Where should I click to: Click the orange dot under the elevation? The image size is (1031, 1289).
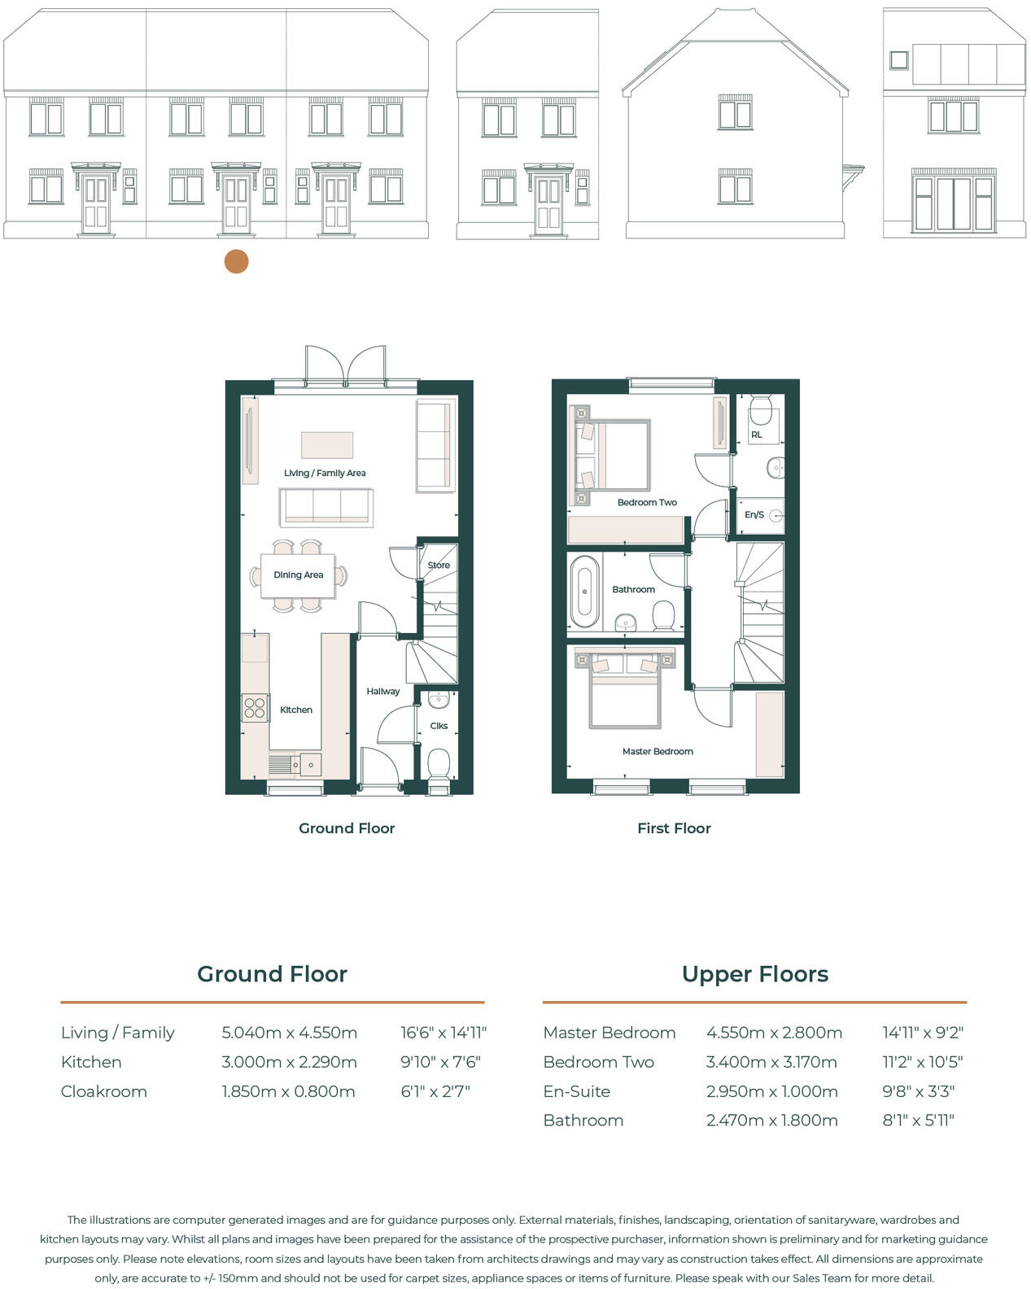[236, 262]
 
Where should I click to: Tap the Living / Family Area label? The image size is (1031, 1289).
[325, 473]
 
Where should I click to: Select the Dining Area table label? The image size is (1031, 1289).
[298, 575]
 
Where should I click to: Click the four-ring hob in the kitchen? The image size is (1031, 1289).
[255, 707]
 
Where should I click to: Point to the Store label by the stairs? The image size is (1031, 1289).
[439, 565]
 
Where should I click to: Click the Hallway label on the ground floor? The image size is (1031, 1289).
[382, 691]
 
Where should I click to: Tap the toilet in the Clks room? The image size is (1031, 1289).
[439, 765]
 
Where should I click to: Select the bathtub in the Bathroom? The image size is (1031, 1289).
[584, 591]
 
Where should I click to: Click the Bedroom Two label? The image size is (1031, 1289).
[647, 502]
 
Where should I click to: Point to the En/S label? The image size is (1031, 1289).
[754, 514]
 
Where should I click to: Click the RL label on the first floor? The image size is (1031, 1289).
[757, 435]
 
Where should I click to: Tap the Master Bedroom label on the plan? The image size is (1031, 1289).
[657, 751]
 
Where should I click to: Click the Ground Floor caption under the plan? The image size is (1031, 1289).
[347, 828]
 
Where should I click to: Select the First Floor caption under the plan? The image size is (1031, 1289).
[674, 828]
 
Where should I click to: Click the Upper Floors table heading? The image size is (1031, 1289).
[754, 974]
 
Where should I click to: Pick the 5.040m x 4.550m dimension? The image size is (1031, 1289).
[290, 1033]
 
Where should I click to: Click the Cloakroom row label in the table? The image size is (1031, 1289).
[104, 1091]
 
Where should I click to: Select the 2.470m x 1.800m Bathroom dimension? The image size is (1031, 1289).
[771, 1121]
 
